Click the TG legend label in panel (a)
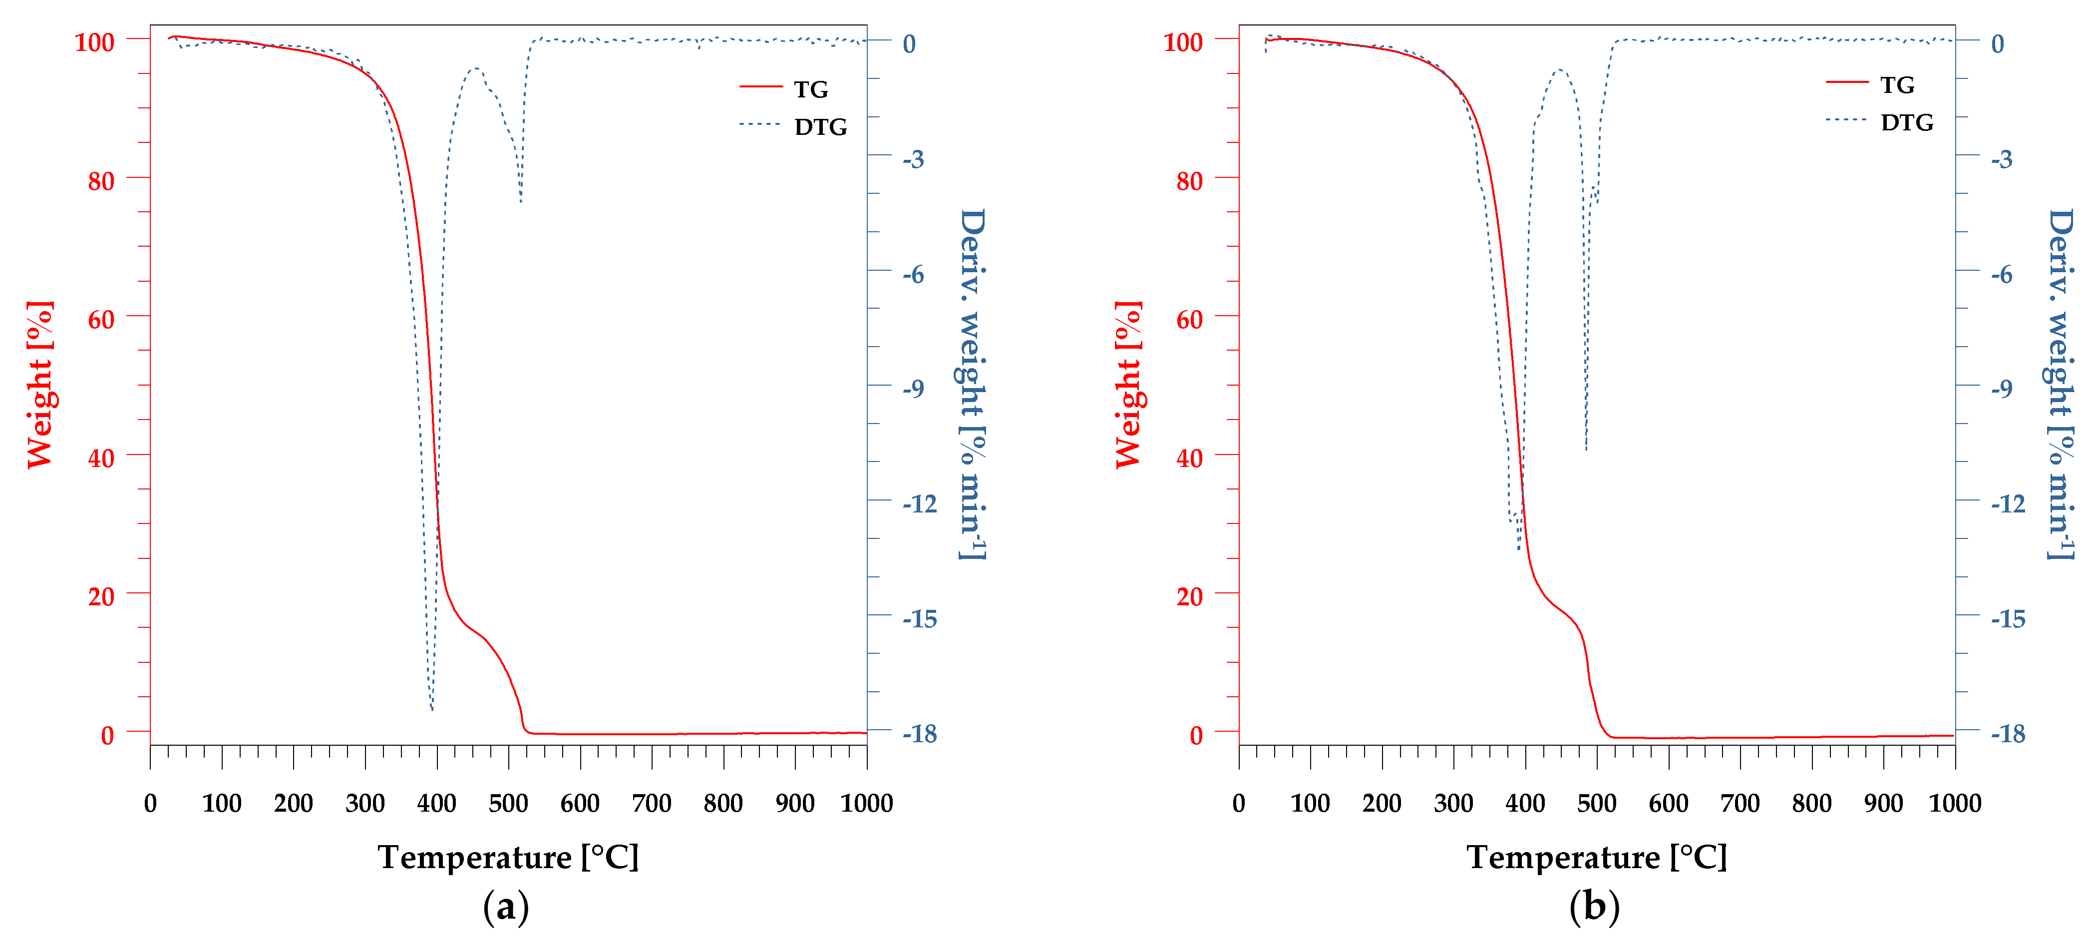click(811, 89)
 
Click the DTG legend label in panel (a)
click(820, 126)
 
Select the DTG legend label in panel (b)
click(1906, 122)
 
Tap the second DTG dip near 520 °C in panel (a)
click(521, 201)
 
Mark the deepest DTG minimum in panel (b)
click(1518, 549)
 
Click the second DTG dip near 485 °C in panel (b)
click(1586, 450)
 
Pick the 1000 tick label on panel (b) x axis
click(1955, 804)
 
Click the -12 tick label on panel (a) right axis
click(920, 504)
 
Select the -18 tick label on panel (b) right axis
click(2008, 734)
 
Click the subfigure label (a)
click(505, 906)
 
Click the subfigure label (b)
click(1594, 906)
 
